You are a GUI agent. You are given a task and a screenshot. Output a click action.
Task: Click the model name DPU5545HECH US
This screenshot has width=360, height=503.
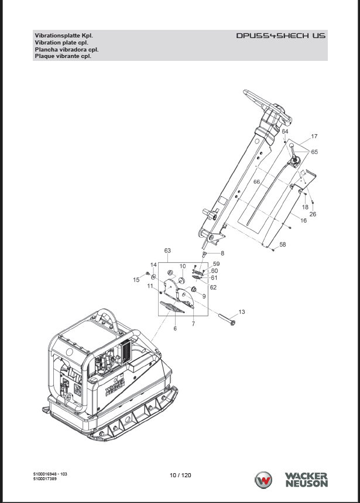[x=281, y=36]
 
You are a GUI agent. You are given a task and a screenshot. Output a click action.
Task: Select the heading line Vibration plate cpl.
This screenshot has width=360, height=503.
[x=61, y=42]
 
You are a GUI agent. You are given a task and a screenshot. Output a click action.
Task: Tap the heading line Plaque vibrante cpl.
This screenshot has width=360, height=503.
[x=63, y=56]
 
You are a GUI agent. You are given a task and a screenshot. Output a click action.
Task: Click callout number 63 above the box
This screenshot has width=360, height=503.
[x=167, y=251]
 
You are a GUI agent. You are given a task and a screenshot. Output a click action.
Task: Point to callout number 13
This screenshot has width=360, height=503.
[x=242, y=312]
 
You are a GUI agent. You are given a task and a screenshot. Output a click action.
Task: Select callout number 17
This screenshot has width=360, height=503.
[x=314, y=136]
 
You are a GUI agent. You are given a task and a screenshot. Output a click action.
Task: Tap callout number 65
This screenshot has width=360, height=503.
[x=314, y=152]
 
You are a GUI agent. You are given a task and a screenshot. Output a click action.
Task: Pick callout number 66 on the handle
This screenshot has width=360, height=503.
[x=256, y=182]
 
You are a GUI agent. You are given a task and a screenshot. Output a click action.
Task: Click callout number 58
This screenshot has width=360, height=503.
[x=282, y=244]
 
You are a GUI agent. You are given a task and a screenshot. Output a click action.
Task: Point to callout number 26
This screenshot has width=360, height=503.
[x=313, y=214]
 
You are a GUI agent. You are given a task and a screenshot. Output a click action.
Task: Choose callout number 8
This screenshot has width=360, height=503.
[x=222, y=254]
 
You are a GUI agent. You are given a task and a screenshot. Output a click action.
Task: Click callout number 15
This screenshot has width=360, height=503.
[x=136, y=280]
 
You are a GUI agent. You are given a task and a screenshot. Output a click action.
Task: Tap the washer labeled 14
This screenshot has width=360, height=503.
[x=153, y=276]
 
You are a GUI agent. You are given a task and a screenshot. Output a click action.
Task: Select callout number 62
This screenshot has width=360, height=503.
[x=213, y=288]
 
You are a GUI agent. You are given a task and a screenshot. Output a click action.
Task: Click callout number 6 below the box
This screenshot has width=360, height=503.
[x=175, y=329]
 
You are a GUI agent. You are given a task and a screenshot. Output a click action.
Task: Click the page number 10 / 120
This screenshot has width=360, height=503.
[x=180, y=475]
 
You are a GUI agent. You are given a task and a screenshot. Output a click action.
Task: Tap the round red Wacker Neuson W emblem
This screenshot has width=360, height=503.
[x=263, y=480]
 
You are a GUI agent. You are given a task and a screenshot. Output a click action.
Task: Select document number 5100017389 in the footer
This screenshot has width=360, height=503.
[x=45, y=479]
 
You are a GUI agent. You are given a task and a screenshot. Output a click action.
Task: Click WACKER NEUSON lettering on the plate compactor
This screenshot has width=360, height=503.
[x=115, y=387]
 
